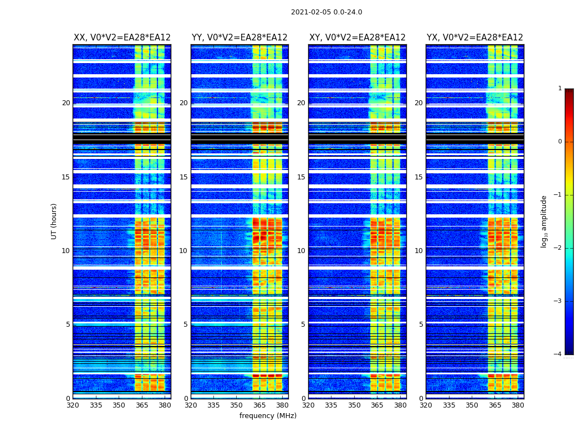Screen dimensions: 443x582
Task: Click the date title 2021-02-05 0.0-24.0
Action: [326, 12]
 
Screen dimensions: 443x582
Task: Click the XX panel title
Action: [122, 38]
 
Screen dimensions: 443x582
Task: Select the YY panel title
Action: [239, 38]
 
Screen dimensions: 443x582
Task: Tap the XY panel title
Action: [357, 38]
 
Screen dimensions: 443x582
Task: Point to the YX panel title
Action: [474, 38]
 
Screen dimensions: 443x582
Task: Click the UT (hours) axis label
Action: [54, 221]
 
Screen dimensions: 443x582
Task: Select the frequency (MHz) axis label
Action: [268, 416]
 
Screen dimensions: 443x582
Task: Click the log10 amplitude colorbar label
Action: [544, 221]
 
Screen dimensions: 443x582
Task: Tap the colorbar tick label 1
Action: [560, 89]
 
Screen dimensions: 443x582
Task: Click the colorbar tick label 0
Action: [560, 142]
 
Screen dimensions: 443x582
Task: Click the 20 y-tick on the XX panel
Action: [66, 103]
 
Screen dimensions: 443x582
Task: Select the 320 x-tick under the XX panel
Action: [73, 405]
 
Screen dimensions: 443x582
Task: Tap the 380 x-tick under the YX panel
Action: [518, 405]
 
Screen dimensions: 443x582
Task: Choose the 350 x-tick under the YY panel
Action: [237, 405]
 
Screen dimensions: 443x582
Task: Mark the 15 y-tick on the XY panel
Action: [301, 177]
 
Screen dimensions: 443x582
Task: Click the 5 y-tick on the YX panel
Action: [421, 324]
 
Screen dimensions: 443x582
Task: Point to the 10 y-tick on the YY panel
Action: [183, 251]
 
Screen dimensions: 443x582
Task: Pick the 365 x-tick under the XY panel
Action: [377, 405]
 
